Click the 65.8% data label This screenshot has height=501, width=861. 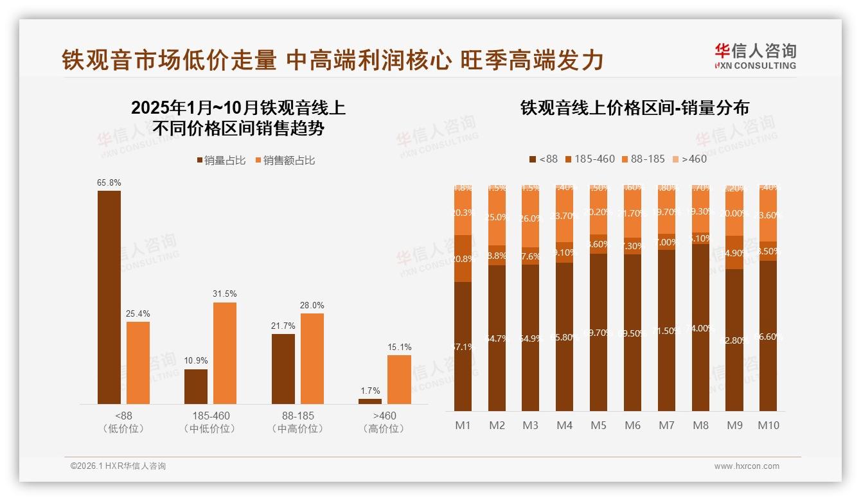click(x=109, y=183)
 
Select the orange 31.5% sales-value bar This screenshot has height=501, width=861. click(x=225, y=353)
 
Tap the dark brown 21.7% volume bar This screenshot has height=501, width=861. click(x=283, y=369)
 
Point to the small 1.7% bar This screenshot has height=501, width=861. click(x=370, y=401)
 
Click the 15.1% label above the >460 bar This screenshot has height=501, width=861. click(x=399, y=347)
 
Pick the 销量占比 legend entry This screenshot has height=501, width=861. click(x=221, y=160)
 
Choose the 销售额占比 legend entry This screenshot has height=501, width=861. click(x=285, y=160)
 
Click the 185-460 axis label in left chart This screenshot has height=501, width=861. click(x=211, y=416)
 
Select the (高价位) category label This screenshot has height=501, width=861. click(x=384, y=428)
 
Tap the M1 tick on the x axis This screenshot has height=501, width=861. click(x=463, y=425)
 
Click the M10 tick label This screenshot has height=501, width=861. click(x=768, y=425)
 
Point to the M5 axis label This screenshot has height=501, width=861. click(x=598, y=425)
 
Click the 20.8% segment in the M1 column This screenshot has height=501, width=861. click(x=463, y=259)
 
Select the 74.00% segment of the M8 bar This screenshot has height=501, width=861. click(x=700, y=328)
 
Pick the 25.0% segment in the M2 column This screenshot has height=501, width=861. click(x=497, y=217)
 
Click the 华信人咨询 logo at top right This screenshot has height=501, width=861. click(x=755, y=56)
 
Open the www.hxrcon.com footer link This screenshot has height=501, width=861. click(x=747, y=466)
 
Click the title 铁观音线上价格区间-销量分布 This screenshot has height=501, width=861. click(x=634, y=108)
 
